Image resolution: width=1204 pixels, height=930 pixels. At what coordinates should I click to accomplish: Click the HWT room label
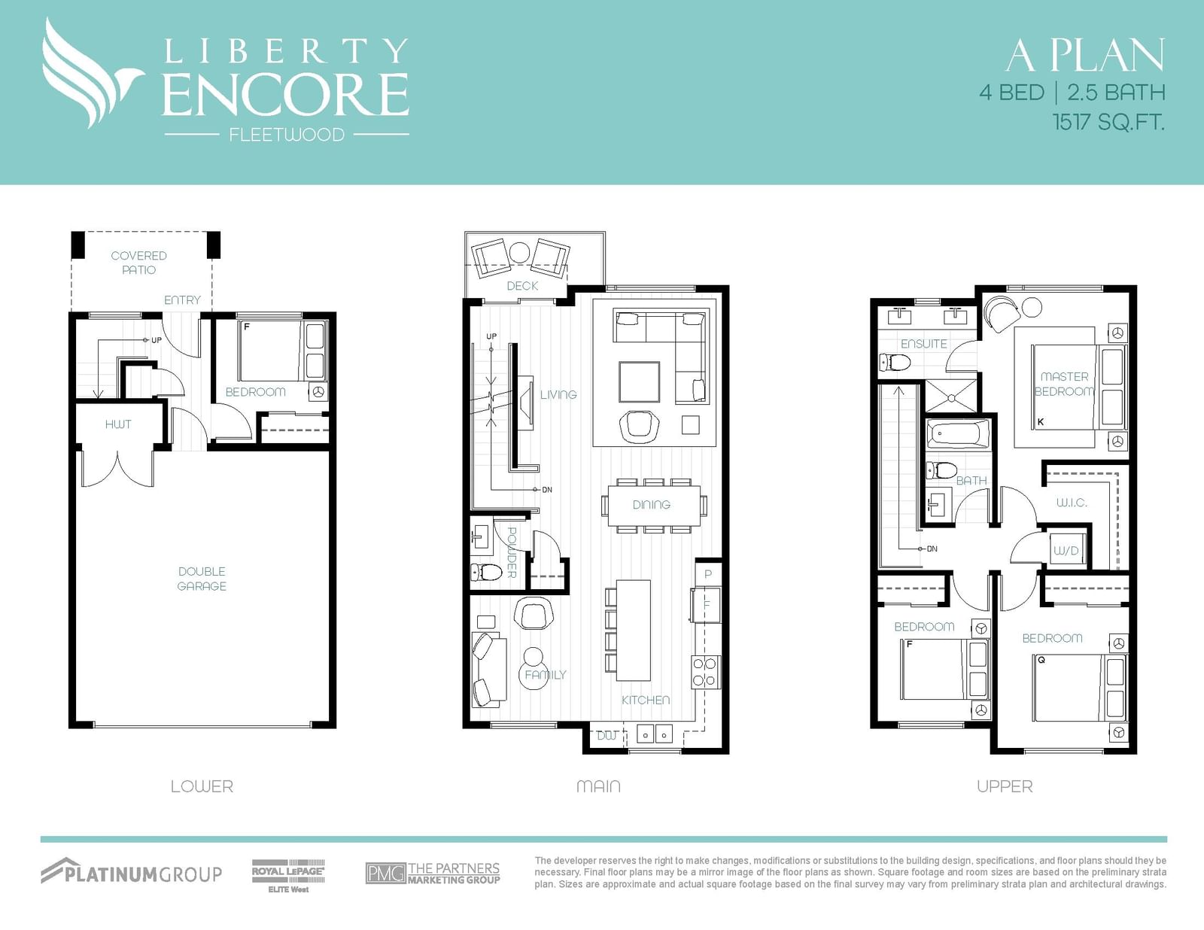pos(118,424)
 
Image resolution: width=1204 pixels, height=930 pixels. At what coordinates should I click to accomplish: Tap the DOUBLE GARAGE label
pos(202,579)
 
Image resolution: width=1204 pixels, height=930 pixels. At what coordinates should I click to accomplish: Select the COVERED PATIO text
pos(138,263)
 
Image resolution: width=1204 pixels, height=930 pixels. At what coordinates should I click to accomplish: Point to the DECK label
pos(522,286)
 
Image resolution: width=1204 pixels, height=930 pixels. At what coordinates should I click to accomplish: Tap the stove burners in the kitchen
pos(705,671)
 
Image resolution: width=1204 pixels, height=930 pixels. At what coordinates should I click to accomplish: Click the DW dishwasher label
pos(607,736)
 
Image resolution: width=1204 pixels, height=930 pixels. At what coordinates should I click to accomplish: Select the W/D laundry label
pos(1066,551)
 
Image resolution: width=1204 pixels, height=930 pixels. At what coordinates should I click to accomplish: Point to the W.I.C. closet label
pos(1072,503)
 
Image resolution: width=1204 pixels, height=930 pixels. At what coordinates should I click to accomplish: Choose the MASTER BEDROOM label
pos(1064,384)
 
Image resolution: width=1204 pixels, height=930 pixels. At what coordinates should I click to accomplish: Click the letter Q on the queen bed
pos(1041,660)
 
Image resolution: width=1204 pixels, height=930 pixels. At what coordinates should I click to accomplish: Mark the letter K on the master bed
pos(1041,421)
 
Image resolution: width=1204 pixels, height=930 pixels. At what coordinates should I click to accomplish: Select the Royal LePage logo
pos(288,876)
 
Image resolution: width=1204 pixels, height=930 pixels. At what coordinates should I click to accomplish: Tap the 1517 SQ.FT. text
pos(1108,122)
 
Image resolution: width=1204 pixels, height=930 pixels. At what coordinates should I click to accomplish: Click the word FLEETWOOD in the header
pos(287,135)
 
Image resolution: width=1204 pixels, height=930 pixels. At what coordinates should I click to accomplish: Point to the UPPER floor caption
pos(1005,786)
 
